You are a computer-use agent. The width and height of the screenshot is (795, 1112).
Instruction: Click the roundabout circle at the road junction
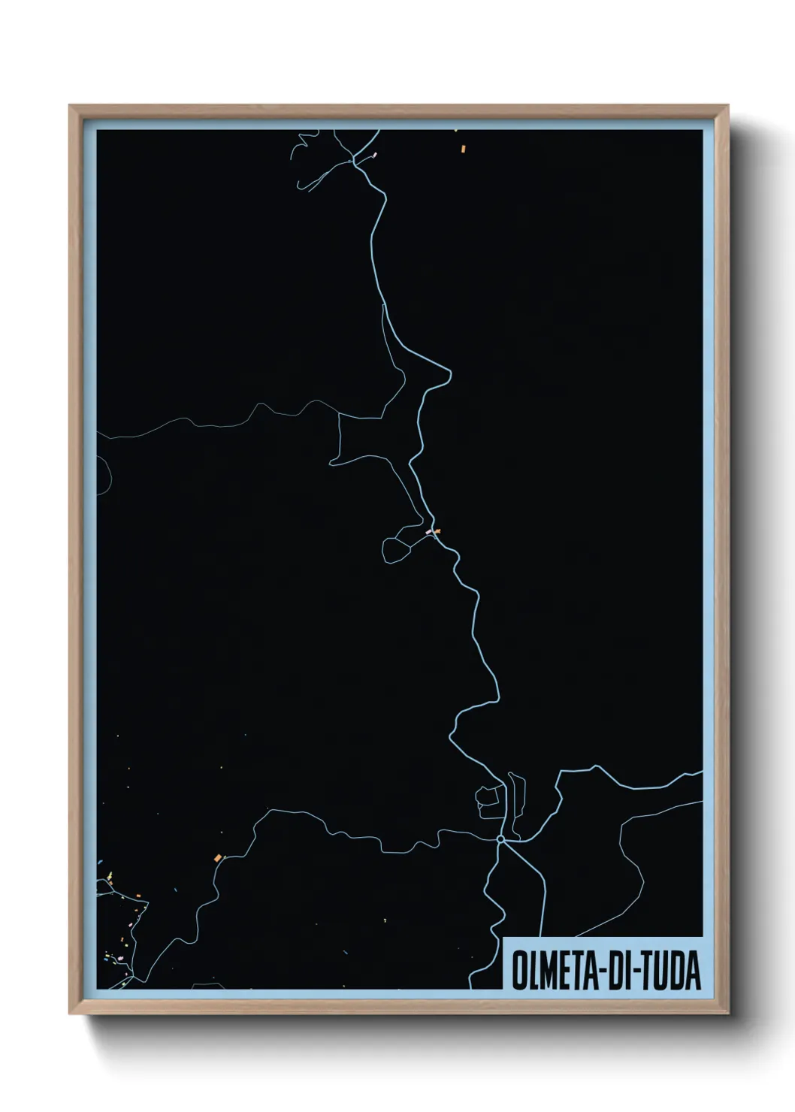(500, 839)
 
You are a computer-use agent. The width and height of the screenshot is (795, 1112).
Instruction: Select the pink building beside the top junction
(374, 155)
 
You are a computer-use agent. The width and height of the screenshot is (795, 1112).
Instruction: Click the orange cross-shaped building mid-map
(437, 531)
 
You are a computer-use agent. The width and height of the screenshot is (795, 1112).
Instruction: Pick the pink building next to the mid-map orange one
(429, 532)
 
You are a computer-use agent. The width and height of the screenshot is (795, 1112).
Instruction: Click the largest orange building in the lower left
(217, 857)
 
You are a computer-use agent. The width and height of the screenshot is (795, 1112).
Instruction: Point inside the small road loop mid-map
(396, 549)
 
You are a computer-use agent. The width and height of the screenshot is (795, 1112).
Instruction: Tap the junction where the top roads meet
(353, 161)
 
